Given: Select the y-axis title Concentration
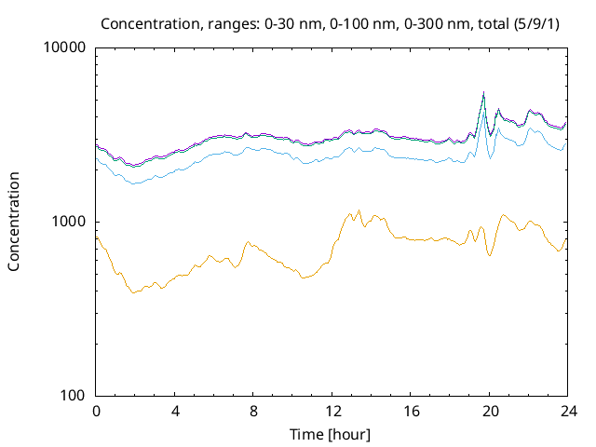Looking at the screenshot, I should (x=14, y=222).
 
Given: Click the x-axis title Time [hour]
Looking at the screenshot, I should (x=331, y=434).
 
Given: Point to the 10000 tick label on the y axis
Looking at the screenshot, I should (x=65, y=48).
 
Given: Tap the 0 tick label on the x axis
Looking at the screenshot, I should (x=96, y=411).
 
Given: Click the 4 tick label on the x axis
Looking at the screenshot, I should (x=174, y=411).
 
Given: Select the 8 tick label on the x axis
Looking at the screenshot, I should (x=252, y=411).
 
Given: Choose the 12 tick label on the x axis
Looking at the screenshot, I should (x=331, y=411).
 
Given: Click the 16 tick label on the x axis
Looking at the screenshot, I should (x=410, y=411).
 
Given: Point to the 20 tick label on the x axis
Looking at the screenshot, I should (x=488, y=411).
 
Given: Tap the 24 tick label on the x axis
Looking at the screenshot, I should (x=566, y=411).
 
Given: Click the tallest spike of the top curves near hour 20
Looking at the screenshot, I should (x=483, y=92).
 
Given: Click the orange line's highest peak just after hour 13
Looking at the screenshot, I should (x=359, y=210).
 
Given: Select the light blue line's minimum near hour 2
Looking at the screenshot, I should (x=134, y=183).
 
